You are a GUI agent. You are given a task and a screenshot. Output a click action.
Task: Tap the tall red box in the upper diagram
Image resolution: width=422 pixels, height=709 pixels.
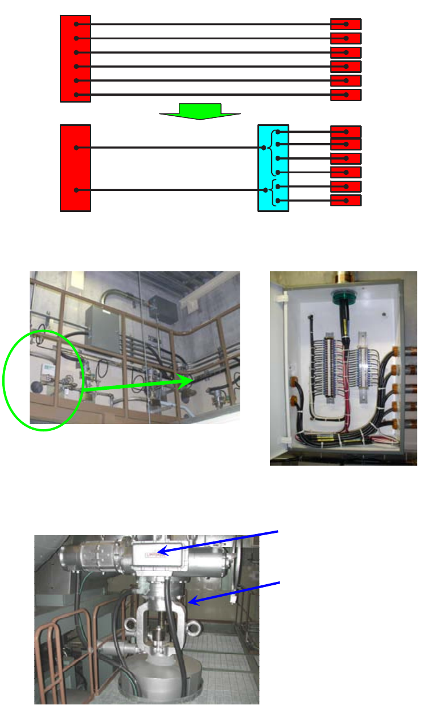[75, 59]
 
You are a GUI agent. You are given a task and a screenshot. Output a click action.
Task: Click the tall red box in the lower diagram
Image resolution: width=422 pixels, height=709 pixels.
[75, 168]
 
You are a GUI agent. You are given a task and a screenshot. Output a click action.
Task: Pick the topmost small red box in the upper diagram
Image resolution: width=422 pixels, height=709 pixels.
[346, 25]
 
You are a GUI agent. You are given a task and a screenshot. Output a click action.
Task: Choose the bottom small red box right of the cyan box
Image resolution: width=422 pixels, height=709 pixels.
[346, 200]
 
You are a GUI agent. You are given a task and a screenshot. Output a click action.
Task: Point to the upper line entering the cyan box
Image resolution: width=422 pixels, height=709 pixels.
[171, 148]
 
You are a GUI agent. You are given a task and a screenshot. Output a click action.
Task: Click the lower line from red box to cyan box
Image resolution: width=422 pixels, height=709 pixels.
[171, 190]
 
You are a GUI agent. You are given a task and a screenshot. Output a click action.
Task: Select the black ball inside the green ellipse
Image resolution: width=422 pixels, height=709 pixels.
[36, 387]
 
